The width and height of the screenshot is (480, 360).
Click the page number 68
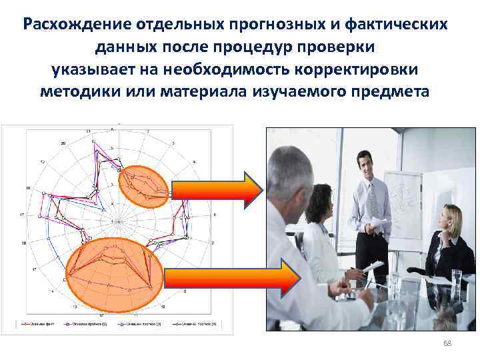click(447, 343)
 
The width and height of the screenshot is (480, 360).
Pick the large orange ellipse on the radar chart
click(114, 265)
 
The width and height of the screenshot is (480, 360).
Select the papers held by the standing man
click(377, 223)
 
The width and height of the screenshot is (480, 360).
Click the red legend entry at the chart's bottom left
click(30, 323)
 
